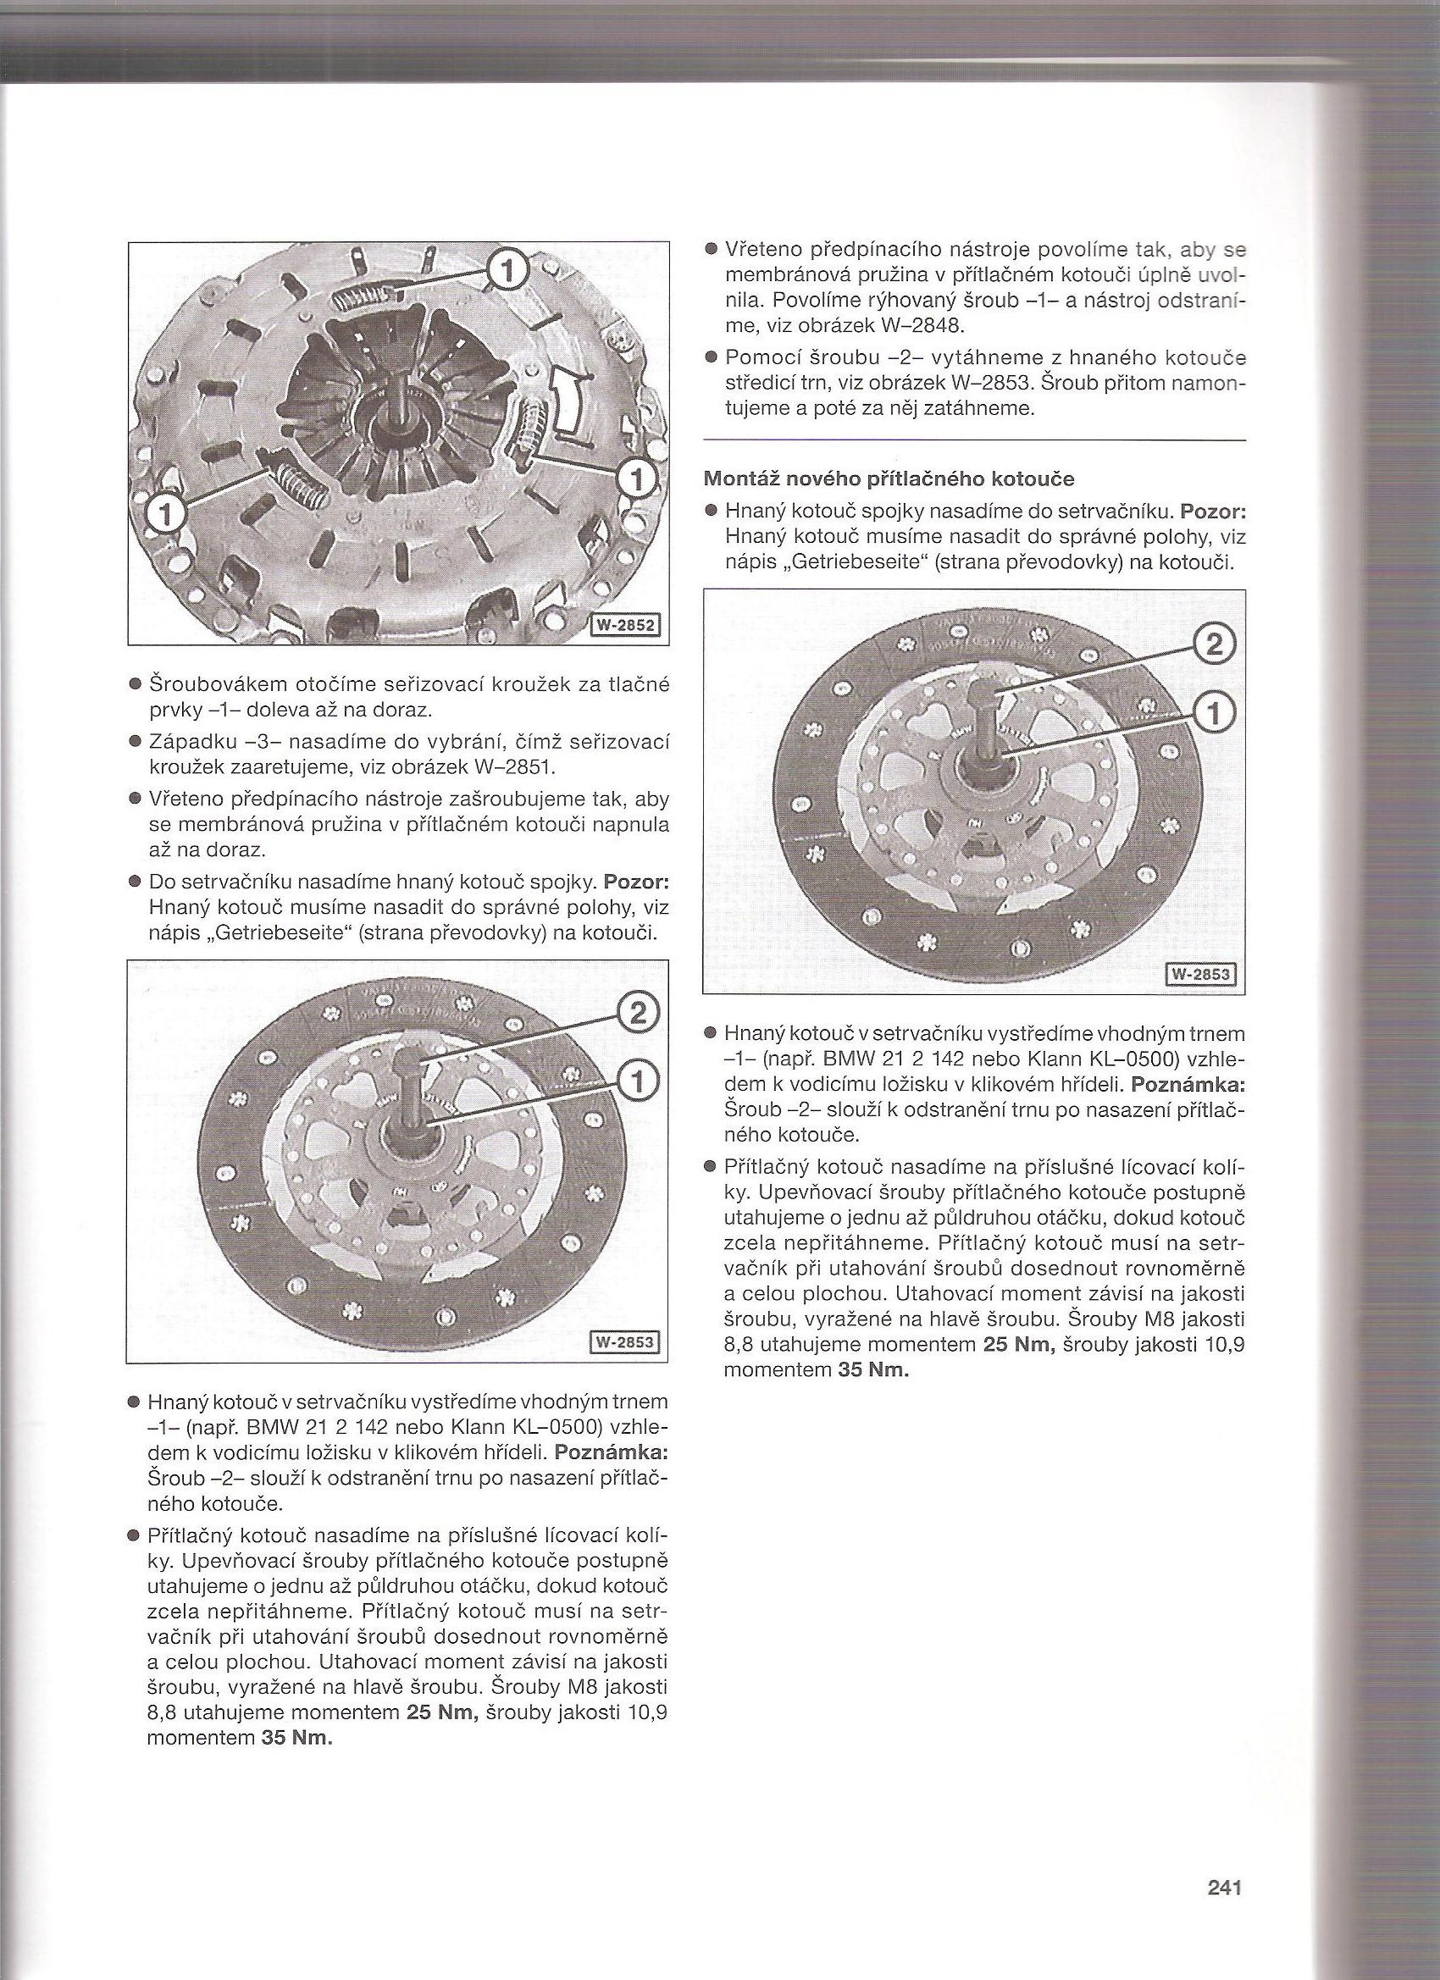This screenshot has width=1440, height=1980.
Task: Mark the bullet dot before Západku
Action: pos(135,743)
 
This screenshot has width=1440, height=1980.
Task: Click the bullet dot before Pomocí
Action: pos(711,358)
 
